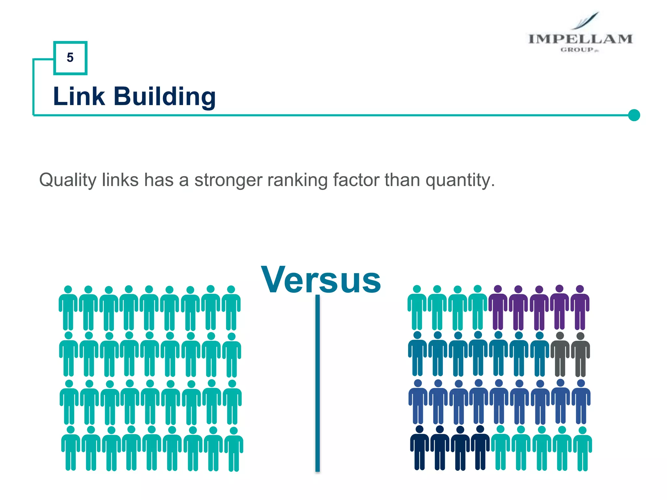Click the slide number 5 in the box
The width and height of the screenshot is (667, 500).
pyautogui.click(x=70, y=58)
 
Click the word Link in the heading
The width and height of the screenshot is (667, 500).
pyautogui.click(x=79, y=97)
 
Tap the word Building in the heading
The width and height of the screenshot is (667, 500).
pyautogui.click(x=164, y=97)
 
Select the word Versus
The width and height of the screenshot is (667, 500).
pyautogui.click(x=321, y=280)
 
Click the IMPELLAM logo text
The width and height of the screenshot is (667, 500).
pyautogui.click(x=580, y=39)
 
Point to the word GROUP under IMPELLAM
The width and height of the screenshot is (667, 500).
pyautogui.click(x=577, y=50)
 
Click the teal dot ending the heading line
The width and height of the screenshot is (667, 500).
pyautogui.click(x=634, y=115)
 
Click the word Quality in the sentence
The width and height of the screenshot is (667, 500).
pyautogui.click(x=68, y=180)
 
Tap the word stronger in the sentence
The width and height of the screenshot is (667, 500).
pyautogui.click(x=228, y=180)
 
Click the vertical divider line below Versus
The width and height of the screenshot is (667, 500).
pyautogui.click(x=318, y=384)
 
